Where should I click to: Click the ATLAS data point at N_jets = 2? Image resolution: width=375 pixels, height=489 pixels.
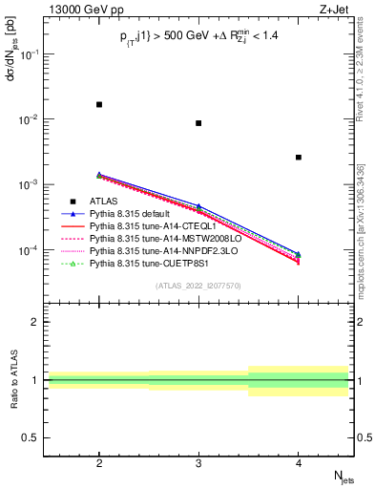coord(99,104)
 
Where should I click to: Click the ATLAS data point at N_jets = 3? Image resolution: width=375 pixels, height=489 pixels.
coord(198,123)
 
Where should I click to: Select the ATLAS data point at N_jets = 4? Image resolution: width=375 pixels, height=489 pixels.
coord(299,158)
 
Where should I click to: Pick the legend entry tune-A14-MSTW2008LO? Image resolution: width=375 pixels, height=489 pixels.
coord(151,240)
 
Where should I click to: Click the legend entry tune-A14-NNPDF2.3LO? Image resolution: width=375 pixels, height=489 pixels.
coord(151,252)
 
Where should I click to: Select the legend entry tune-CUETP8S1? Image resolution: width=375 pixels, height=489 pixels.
coord(143,265)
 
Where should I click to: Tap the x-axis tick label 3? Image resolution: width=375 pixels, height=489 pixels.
coord(198,465)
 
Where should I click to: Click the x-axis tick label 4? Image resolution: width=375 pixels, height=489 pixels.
coord(299,465)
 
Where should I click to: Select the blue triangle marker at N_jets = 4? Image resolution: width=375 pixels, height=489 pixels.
coord(299,254)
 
